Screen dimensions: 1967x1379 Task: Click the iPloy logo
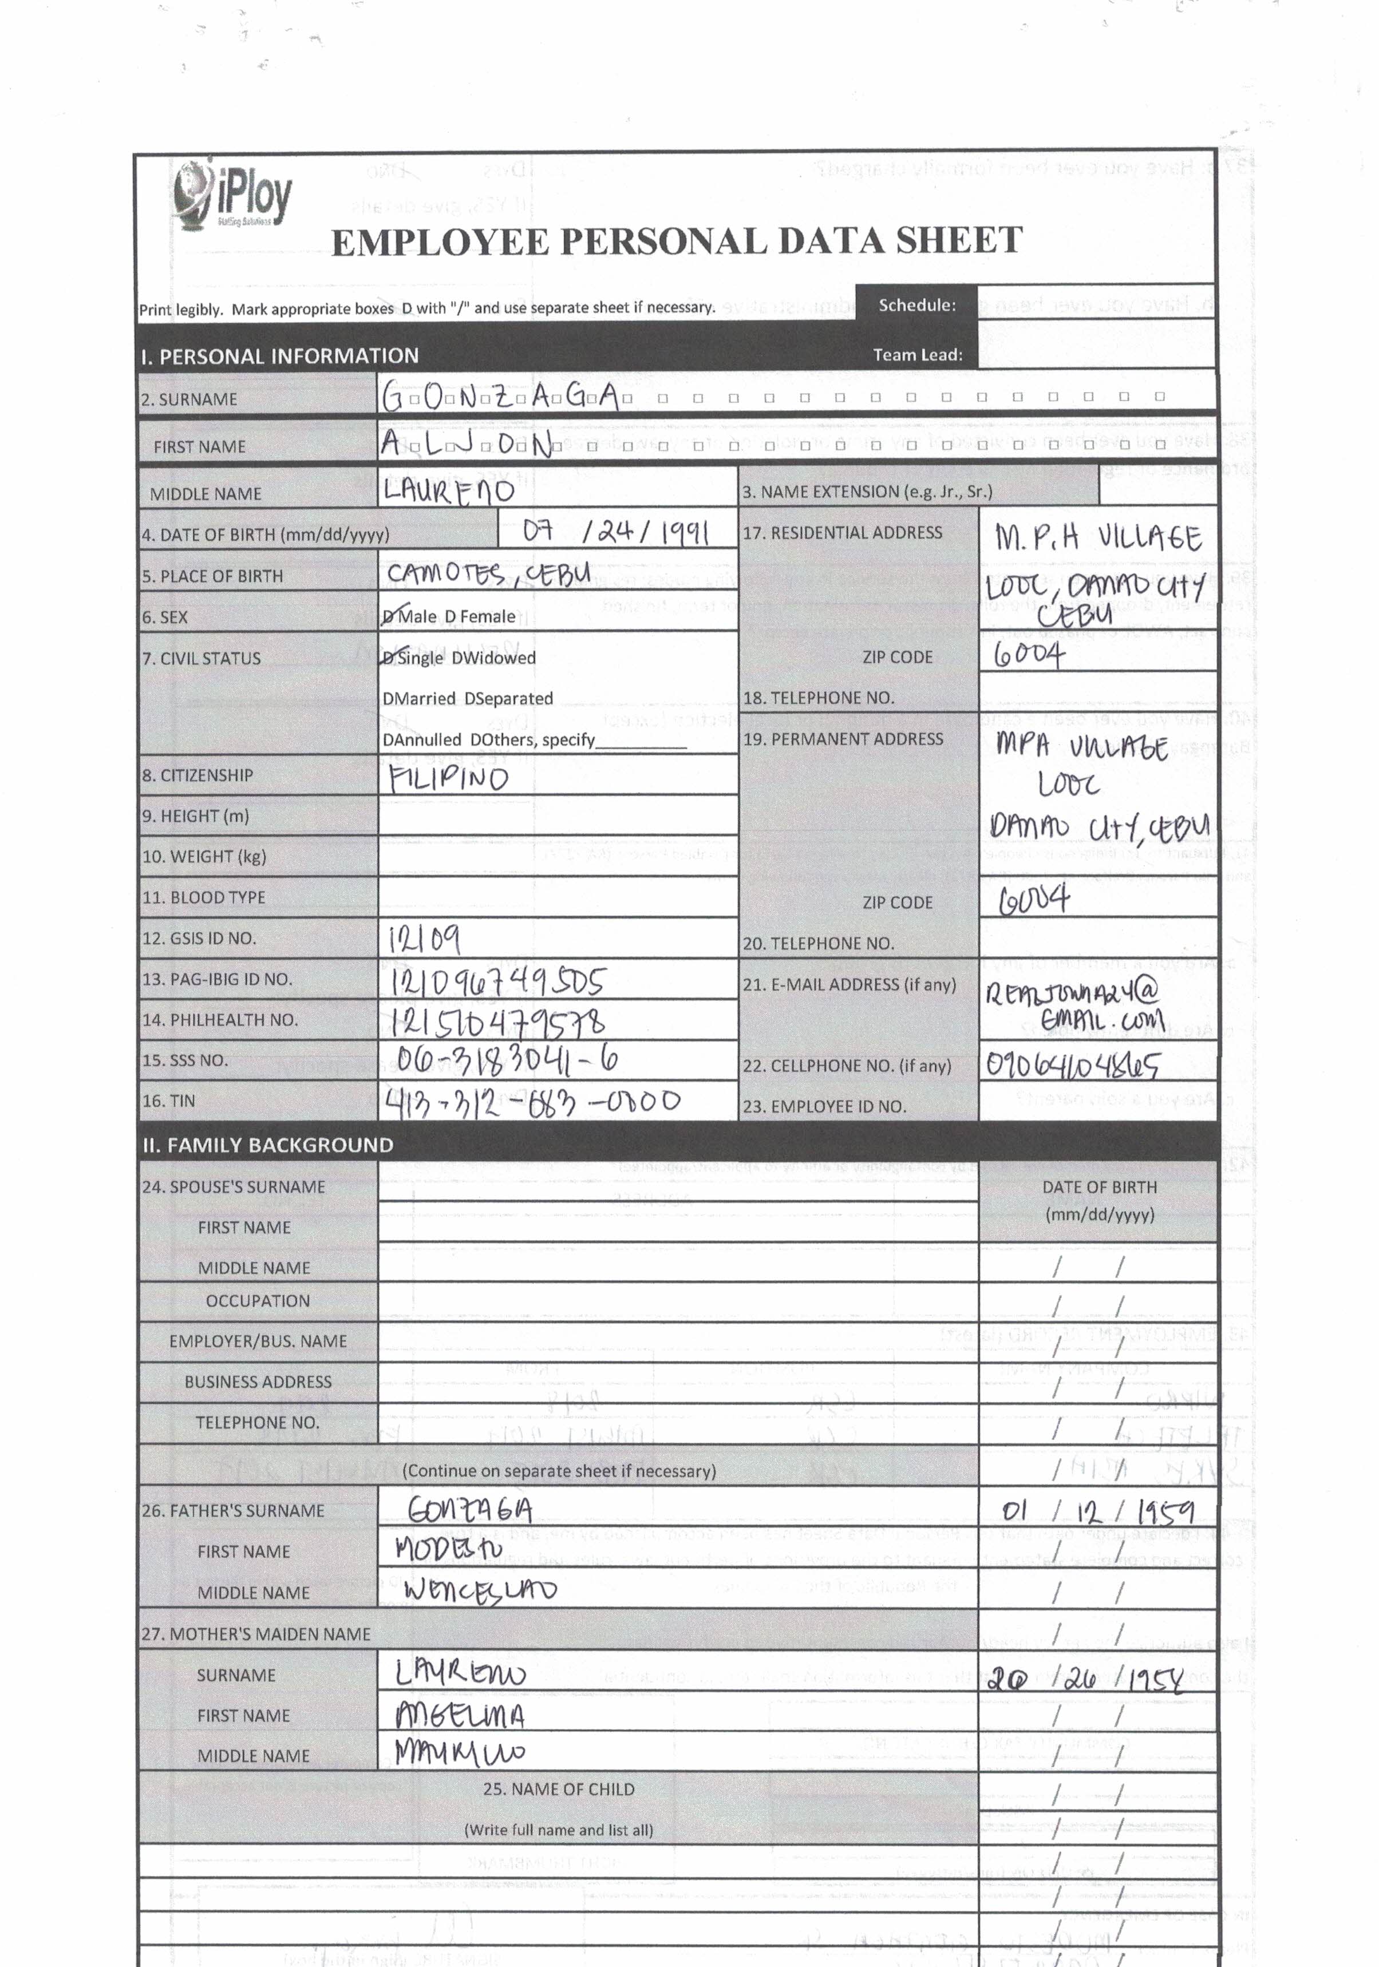232,196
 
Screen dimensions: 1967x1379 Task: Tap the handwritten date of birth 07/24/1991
615,532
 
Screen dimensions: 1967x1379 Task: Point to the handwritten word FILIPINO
448,778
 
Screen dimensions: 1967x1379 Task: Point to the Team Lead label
917,355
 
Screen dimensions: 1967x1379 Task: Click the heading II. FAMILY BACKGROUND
267,1145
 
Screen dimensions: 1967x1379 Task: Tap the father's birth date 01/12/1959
1097,1510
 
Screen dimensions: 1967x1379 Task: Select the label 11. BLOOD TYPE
204,897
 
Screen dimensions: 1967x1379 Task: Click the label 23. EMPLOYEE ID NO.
824,1106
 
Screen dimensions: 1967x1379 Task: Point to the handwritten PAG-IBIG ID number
497,981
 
